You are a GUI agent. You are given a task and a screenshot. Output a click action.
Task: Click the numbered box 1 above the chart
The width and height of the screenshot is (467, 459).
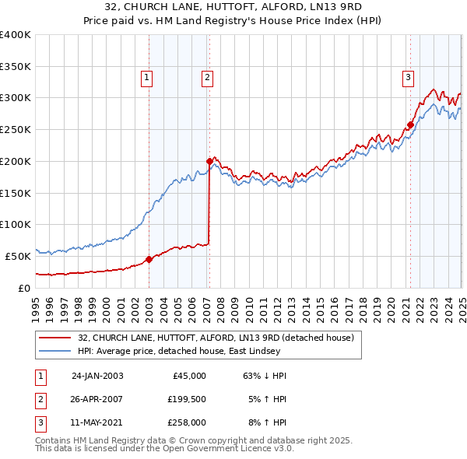[x=147, y=77]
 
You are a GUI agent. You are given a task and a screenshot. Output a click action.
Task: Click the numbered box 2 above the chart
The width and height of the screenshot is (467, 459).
[x=208, y=77]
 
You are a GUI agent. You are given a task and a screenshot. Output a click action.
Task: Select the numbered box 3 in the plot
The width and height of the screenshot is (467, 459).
[x=408, y=77]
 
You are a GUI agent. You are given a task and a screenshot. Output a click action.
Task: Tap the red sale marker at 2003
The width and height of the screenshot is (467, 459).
[x=149, y=259]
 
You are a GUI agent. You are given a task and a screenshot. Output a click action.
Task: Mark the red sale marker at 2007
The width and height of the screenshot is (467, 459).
[x=209, y=161]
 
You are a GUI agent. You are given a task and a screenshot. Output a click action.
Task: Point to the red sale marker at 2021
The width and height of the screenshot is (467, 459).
[x=410, y=124]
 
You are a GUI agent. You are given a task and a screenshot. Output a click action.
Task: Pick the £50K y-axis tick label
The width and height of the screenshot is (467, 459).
[x=18, y=256]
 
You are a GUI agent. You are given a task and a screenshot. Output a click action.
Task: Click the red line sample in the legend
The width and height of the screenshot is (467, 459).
[x=54, y=338]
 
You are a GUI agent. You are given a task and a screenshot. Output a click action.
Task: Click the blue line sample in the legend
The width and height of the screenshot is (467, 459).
[x=54, y=352]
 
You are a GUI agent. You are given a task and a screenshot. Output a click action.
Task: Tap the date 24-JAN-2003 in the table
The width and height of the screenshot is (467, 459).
[x=97, y=376]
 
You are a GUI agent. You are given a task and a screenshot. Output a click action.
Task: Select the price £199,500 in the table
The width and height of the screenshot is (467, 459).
[x=187, y=399]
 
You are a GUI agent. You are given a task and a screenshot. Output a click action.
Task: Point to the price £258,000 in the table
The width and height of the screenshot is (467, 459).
[x=187, y=422]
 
